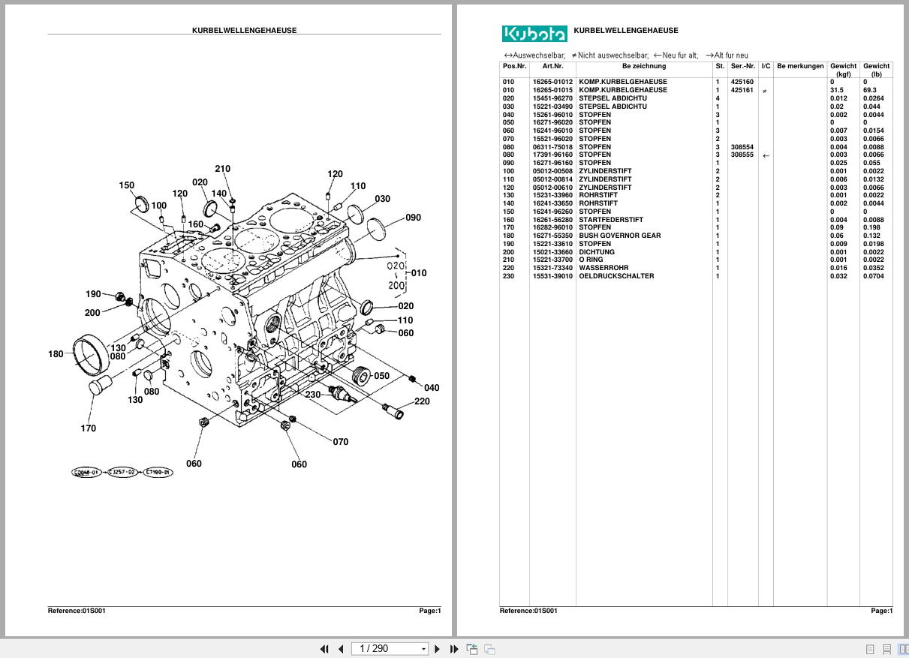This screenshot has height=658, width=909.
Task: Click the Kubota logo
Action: click(534, 34)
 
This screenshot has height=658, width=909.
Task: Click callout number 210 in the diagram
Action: click(222, 169)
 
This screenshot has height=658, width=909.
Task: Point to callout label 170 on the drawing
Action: click(88, 428)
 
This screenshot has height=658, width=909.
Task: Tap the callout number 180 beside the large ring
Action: click(56, 354)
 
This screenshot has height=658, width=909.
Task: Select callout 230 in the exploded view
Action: click(312, 395)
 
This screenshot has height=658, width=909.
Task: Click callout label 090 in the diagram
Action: click(413, 218)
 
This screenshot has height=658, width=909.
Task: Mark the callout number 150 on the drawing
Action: click(126, 185)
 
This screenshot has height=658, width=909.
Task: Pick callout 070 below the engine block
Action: click(340, 442)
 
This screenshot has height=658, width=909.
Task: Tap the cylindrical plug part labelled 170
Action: click(100, 387)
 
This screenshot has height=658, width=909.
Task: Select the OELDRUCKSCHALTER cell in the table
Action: click(616, 276)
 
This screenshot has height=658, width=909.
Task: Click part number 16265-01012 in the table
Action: click(552, 82)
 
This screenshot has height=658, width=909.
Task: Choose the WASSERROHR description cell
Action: click(603, 268)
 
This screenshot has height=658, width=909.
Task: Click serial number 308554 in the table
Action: click(742, 147)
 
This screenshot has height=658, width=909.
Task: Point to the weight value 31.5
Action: click(836, 90)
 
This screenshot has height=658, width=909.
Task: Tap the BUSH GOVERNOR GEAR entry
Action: click(619, 236)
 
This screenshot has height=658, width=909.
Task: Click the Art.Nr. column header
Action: click(552, 66)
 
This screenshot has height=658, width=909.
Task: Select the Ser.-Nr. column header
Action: click(742, 66)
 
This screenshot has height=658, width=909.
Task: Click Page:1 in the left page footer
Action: click(429, 611)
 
